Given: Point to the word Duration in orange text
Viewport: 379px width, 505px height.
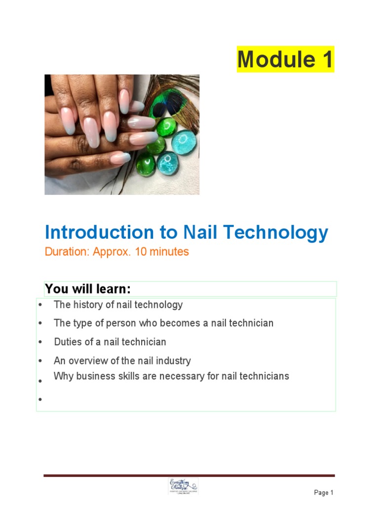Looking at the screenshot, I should tap(65, 252).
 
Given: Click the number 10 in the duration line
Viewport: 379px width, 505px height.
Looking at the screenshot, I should tap(129, 252).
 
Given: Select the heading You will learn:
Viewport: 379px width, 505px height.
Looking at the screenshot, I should tap(87, 289).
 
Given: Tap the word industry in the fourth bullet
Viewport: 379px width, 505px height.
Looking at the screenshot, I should tap(173, 361).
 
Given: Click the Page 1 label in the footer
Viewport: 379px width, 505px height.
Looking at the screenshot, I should tap(324, 493).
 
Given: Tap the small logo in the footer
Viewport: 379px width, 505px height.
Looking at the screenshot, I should tap(183, 486).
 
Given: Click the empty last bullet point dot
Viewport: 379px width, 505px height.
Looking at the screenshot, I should tap(40, 399).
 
